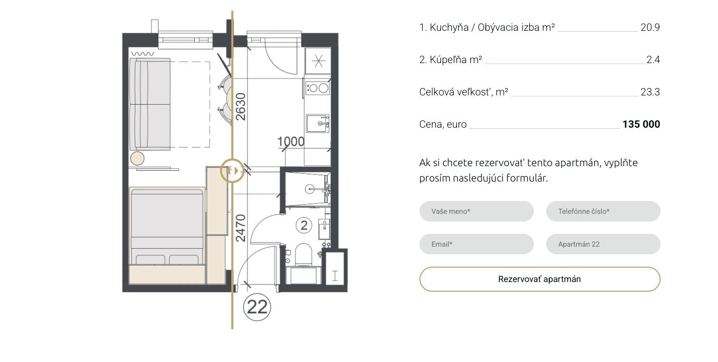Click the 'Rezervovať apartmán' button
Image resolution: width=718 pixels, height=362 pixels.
click(540, 279)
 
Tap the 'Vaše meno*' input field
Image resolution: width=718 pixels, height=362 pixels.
click(476, 211)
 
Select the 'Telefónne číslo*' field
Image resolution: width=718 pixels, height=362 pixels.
click(603, 211)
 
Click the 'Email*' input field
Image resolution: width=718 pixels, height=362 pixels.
click(476, 244)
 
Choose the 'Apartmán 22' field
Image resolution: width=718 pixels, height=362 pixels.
click(603, 244)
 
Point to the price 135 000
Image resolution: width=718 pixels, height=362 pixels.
click(641, 124)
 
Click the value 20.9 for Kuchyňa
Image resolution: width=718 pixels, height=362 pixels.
click(650, 28)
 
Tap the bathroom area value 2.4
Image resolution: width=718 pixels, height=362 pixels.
click(653, 59)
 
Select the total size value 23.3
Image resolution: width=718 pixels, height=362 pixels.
click(650, 92)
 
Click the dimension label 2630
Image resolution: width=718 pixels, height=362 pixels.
click(241, 107)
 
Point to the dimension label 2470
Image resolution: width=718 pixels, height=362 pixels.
click(241, 228)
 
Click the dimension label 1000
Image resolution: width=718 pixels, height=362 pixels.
click(291, 142)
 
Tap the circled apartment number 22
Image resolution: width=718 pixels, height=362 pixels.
click(257, 307)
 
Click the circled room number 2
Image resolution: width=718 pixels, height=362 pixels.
click(304, 225)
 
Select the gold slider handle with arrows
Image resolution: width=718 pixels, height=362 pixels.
click(232, 171)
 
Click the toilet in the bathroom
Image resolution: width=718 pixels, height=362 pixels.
click(303, 255)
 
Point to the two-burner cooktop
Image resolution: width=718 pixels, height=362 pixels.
click(317, 88)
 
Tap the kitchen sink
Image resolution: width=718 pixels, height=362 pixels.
click(317, 124)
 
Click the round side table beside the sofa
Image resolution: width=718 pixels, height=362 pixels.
click(137, 158)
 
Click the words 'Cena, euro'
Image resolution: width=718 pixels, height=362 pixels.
click(443, 124)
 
